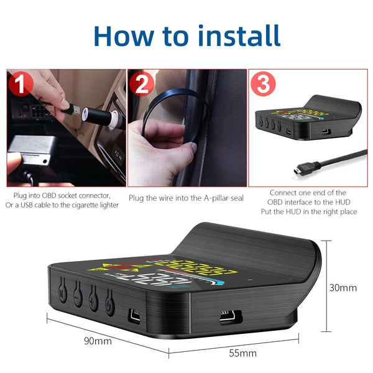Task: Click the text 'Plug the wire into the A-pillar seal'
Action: pyautogui.click(x=185, y=198)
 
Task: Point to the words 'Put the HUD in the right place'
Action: pyautogui.click(x=308, y=212)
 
